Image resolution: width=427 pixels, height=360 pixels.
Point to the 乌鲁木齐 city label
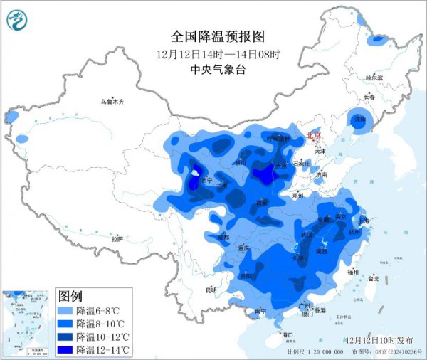112,102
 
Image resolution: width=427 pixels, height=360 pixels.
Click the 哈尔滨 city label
374,77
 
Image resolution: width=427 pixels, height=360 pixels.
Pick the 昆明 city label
210,290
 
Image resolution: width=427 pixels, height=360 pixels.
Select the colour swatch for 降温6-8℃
65,311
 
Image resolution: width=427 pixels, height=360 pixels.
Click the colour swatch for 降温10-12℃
65,337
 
